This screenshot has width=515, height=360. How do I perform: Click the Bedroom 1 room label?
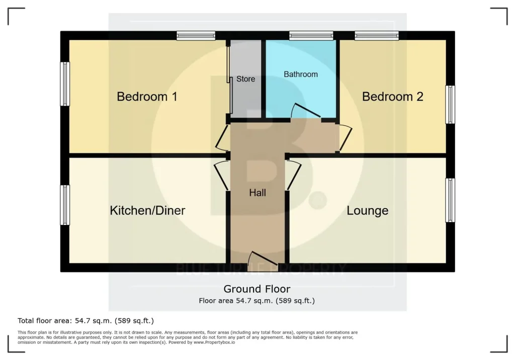[147, 97]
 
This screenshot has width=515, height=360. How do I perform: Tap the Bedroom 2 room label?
[392, 97]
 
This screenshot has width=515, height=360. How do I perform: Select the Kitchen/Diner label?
[147, 211]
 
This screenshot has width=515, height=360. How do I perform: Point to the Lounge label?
[368, 211]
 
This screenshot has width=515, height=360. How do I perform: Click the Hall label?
[257, 193]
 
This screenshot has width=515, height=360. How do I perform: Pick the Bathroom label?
[301, 74]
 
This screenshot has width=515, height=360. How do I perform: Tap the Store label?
[245, 79]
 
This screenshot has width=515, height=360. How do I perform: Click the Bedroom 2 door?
[345, 138]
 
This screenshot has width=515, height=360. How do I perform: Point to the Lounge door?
[294, 175]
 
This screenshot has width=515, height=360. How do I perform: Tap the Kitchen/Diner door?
[221, 175]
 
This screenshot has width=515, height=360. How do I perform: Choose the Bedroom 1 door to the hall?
[222, 137]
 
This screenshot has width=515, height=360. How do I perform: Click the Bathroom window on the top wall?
[311, 36]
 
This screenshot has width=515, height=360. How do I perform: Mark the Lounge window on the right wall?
[450, 200]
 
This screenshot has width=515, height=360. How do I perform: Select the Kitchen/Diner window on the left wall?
[65, 205]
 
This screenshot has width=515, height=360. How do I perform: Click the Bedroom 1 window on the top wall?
[196, 36]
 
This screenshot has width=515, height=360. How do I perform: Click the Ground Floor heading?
[257, 289]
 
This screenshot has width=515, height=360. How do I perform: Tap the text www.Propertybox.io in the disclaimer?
[214, 342]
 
